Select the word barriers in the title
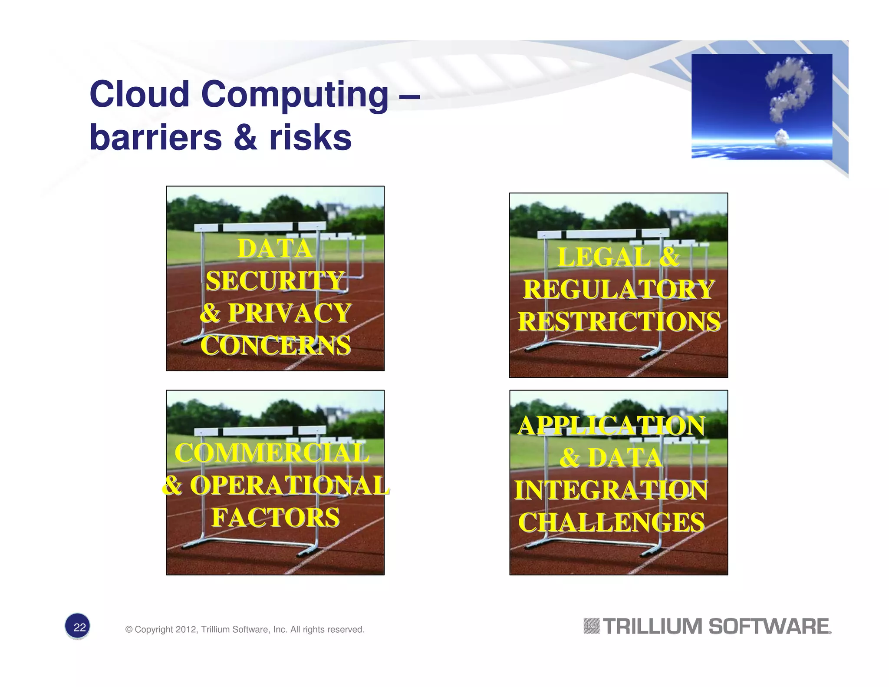(x=156, y=138)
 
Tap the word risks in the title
(x=310, y=138)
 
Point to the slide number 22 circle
(x=79, y=627)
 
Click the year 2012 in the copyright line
(x=186, y=630)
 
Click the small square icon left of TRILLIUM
(x=591, y=626)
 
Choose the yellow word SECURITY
(x=275, y=281)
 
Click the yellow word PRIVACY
(x=290, y=313)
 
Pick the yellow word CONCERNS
(x=275, y=346)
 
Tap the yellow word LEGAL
(x=604, y=257)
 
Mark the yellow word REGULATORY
(x=619, y=289)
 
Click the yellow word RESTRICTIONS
(x=619, y=322)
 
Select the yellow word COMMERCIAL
(x=272, y=453)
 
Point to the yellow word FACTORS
(x=275, y=518)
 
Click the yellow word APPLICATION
(x=611, y=426)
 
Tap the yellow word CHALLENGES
(x=611, y=522)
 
